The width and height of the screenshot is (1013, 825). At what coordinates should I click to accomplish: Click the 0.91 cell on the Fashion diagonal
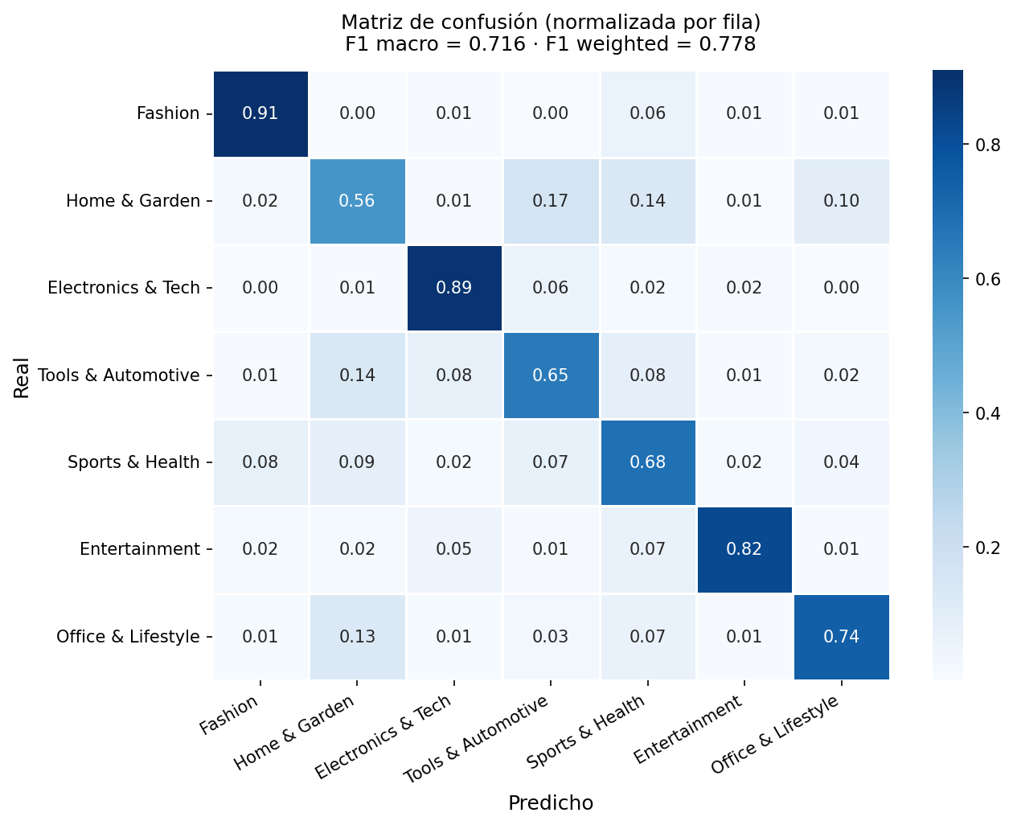pos(260,113)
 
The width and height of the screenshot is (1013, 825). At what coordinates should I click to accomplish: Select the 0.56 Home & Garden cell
pos(357,201)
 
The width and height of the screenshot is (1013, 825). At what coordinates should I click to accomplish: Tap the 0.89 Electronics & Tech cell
pos(454,288)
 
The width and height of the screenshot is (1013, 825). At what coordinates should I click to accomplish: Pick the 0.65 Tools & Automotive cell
pos(551,376)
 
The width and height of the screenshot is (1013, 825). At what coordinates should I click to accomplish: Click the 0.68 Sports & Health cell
pos(648,462)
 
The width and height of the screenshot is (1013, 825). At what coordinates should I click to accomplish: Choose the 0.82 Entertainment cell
pos(744,549)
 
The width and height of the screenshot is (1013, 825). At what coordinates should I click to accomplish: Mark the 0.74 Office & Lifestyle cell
pos(841,637)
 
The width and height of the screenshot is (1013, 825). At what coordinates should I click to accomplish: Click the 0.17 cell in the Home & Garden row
pos(551,201)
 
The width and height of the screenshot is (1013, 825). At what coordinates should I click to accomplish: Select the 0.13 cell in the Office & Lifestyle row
pos(357,637)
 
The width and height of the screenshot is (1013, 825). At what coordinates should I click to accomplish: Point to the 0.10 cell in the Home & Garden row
pos(841,201)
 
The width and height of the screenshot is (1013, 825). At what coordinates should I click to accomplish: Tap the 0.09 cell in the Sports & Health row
pos(357,462)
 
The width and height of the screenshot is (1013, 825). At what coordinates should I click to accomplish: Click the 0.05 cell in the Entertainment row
pos(454,549)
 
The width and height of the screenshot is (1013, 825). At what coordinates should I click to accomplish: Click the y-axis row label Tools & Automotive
pos(119,376)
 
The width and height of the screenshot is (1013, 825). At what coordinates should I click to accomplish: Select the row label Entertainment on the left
pos(140,549)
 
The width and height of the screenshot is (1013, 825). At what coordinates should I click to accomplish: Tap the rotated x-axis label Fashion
pos(229,715)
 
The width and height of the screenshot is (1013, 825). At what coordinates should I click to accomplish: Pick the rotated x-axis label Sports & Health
pos(586,733)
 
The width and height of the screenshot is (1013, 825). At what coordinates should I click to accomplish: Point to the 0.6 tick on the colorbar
pos(987,279)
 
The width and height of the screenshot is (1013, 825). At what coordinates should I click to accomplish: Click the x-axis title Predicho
pos(551,803)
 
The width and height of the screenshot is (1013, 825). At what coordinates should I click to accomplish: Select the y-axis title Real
pos(22,379)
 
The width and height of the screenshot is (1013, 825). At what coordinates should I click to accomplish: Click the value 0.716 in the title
pos(497,44)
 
